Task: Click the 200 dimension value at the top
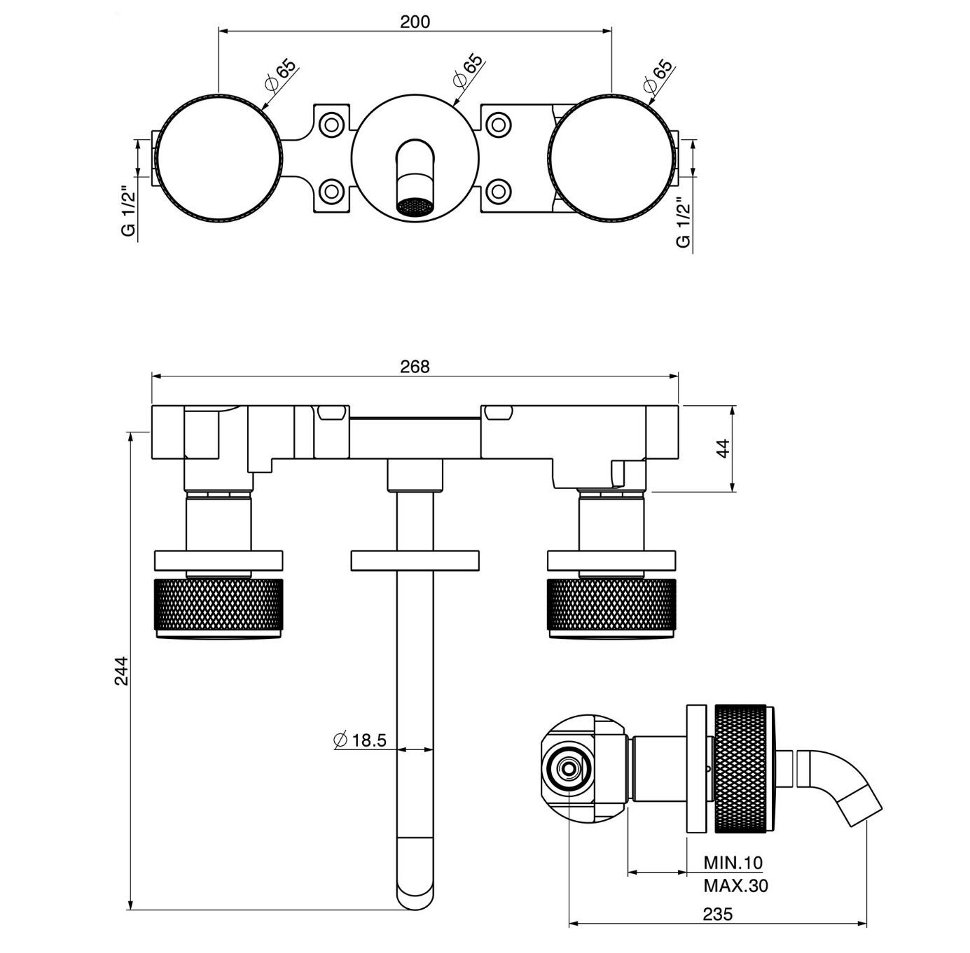pyautogui.click(x=415, y=21)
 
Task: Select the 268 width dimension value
pyautogui.click(x=415, y=366)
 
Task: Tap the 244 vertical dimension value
pyautogui.click(x=122, y=670)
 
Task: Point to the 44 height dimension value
pyautogui.click(x=723, y=448)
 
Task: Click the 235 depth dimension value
pyautogui.click(x=717, y=914)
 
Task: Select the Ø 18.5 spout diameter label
pyautogui.click(x=361, y=740)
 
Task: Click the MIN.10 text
pyautogui.click(x=733, y=862)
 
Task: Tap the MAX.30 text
pyautogui.click(x=735, y=886)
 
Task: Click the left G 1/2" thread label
pyautogui.click(x=128, y=211)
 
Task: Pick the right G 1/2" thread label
pyautogui.click(x=683, y=223)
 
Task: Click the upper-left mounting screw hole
pyautogui.click(x=331, y=125)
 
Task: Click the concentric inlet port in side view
pyautogui.click(x=568, y=768)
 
